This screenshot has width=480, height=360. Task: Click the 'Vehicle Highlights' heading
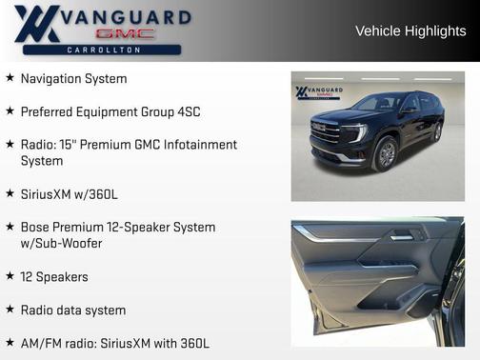(410, 30)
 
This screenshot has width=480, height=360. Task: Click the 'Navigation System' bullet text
(73, 78)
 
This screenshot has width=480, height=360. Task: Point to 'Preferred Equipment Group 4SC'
(110, 111)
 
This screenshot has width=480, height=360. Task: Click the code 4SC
(188, 111)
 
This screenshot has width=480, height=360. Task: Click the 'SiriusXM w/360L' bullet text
(70, 194)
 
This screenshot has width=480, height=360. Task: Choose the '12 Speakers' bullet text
(54, 277)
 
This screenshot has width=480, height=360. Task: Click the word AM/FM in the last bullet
(41, 343)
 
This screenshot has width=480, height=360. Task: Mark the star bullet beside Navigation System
(10, 78)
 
